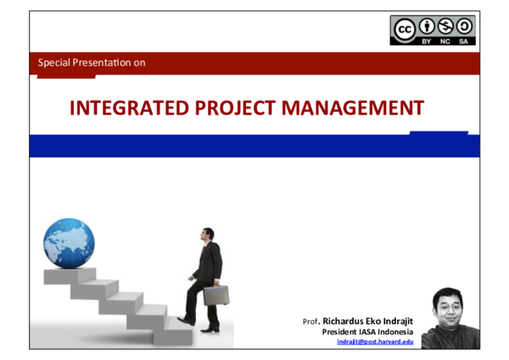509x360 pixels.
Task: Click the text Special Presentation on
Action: coord(92,63)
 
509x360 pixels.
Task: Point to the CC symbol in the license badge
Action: coord(404,27)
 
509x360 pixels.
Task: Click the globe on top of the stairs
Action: coord(69,243)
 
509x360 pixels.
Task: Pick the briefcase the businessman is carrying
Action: coord(215,295)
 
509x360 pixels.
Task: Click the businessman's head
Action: coord(208,235)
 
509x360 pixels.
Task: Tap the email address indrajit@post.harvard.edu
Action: coord(375,341)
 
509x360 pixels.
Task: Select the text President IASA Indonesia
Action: coord(367,331)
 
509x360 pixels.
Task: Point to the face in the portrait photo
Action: coord(447,307)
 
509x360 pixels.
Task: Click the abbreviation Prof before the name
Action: coord(310,322)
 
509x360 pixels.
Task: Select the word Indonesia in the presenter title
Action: coord(393,331)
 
